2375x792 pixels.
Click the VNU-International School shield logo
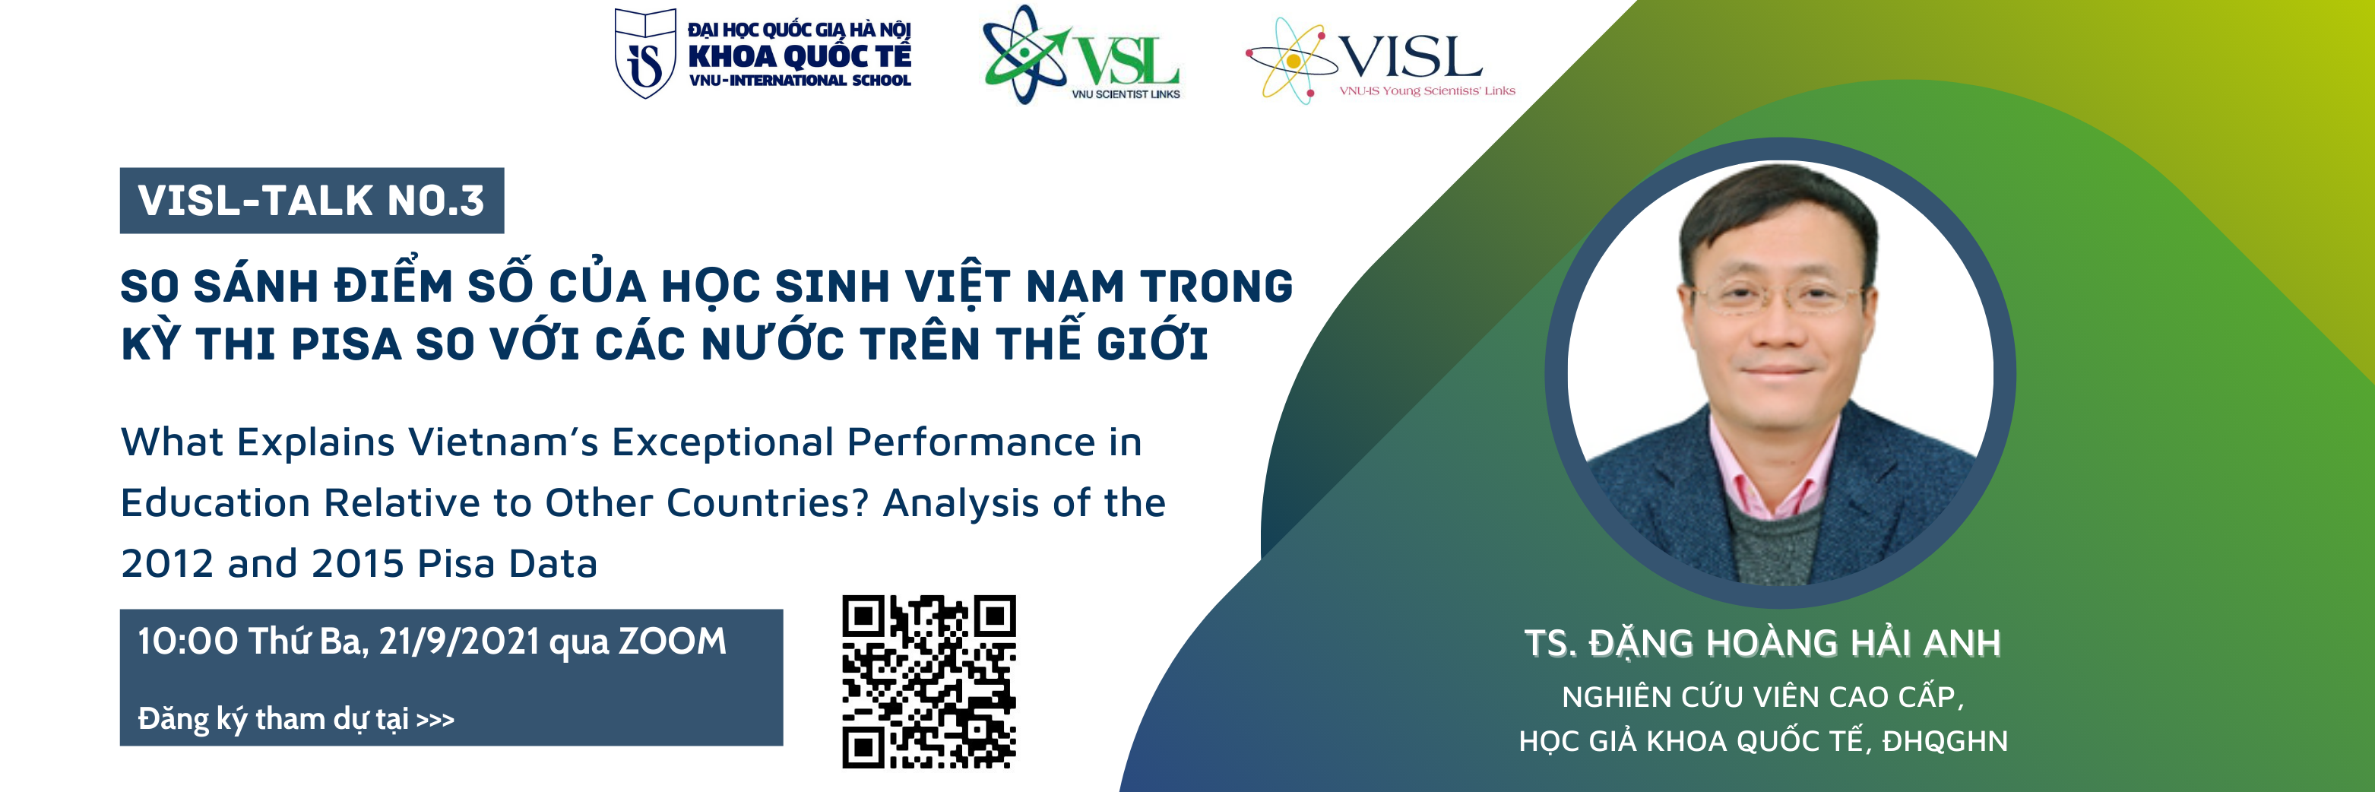[x=645, y=53]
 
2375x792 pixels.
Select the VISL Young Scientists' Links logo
[x=1380, y=61]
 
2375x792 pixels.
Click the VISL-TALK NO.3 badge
[x=312, y=200]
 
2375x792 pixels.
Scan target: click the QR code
[x=929, y=681]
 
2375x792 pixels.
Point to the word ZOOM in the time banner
[x=672, y=641]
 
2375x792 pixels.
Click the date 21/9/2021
[x=459, y=641]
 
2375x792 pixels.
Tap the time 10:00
[x=188, y=641]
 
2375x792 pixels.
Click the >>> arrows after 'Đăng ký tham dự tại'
[x=435, y=719]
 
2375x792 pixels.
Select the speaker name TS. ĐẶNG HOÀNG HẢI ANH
[x=1762, y=642]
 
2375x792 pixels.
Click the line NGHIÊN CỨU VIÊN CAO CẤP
[x=1762, y=696]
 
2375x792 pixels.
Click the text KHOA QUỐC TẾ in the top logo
[x=800, y=56]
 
